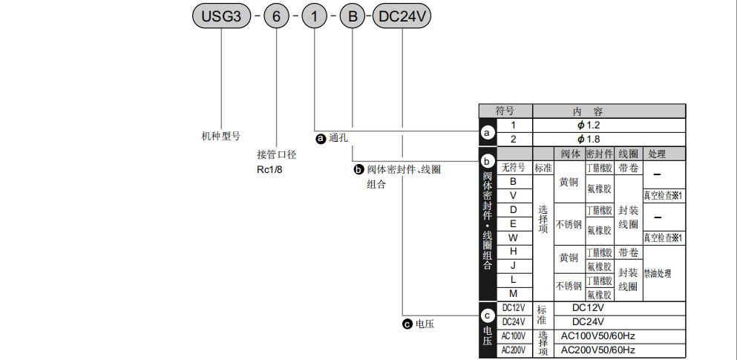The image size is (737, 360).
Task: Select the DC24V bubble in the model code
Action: pyautogui.click(x=402, y=16)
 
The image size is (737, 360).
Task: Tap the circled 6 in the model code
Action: pyautogui.click(x=277, y=16)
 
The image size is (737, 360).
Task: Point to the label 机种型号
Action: pyautogui.click(x=221, y=136)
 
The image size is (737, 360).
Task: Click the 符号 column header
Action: pyautogui.click(x=505, y=111)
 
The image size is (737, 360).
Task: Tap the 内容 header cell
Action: pyautogui.click(x=588, y=111)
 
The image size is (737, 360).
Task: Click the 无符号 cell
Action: pyautogui.click(x=513, y=168)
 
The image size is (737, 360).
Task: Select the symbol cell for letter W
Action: pyautogui.click(x=513, y=238)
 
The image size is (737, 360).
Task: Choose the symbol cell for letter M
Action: pyautogui.click(x=513, y=294)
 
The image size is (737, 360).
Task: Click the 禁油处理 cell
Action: pyautogui.click(x=658, y=273)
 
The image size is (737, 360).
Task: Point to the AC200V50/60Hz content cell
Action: pyautogui.click(x=598, y=350)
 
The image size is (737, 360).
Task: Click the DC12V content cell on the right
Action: pyautogui.click(x=588, y=307)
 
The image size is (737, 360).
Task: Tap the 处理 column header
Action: pyautogui.click(x=657, y=154)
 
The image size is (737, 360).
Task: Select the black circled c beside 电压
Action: pyautogui.click(x=407, y=324)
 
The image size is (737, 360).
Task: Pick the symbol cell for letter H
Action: pyautogui.click(x=513, y=252)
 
